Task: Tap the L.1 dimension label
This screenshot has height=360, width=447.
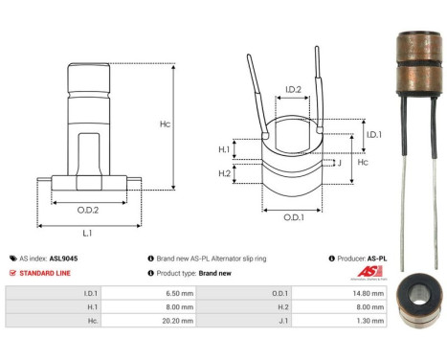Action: [87, 235]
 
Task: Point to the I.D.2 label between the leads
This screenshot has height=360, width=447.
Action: [294, 90]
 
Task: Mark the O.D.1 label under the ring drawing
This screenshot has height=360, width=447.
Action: [294, 216]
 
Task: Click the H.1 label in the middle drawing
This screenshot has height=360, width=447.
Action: [223, 149]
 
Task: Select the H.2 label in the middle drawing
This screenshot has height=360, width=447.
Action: [223, 173]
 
